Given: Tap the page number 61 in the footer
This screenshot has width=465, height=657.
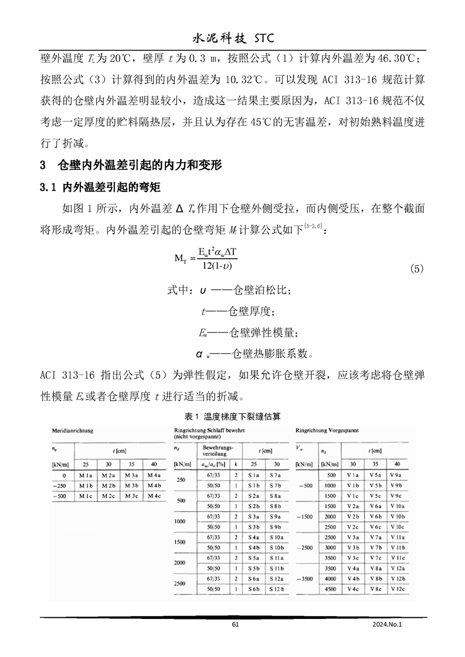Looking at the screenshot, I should pyautogui.click(x=236, y=624).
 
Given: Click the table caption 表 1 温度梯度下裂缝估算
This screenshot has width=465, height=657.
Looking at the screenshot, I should pyautogui.click(x=232, y=416).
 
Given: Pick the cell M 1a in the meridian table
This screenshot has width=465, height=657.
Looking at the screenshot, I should pyautogui.click(x=86, y=475).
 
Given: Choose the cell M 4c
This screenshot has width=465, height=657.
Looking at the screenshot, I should pyautogui.click(x=154, y=496).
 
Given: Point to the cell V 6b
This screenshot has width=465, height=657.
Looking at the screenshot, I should pyautogui.click(x=376, y=516).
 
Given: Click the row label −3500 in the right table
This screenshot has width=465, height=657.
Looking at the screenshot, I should pyautogui.click(x=306, y=577).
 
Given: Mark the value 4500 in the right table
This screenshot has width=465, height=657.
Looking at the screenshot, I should pyautogui.click(x=330, y=588).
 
